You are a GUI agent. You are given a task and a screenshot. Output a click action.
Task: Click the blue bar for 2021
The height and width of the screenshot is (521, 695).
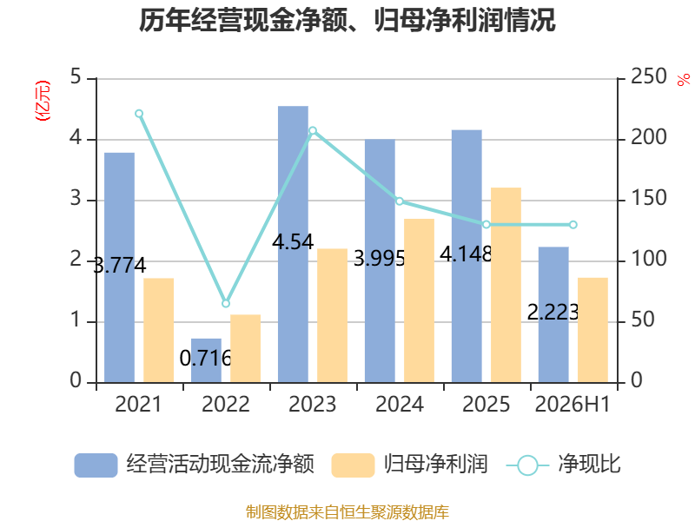pos(119,267)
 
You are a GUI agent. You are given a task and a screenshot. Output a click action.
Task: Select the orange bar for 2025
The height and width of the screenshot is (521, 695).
pos(506,286)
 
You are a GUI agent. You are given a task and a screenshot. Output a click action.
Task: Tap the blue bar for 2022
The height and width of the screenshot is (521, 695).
pos(206,360)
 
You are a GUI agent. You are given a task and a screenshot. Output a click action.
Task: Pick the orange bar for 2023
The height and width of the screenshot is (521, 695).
pos(332,316)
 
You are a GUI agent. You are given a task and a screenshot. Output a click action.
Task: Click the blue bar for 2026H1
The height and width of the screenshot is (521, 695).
pos(553,315)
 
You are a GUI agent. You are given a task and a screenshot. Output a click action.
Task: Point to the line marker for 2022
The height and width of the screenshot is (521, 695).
pos(226,303)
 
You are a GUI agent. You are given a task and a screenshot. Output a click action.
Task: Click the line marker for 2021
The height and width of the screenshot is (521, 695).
pos(139,114)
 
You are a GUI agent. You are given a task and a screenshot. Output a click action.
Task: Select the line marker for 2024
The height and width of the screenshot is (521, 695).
pos(400,201)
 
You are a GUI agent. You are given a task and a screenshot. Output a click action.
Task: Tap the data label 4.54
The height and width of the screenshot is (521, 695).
pos(293,242)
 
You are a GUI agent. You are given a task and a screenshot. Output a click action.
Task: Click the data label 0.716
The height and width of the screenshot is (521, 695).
pos(206,358)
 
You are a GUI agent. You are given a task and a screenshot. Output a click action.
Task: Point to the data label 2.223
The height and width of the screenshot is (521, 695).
pos(553,313)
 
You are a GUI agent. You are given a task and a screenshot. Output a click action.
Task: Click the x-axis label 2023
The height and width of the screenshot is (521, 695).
pos(313,404)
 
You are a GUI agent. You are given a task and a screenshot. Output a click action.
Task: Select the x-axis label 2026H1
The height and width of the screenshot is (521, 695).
pos(573,404)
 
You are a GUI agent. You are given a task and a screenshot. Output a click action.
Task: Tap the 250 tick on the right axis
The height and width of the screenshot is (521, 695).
pos(648,76)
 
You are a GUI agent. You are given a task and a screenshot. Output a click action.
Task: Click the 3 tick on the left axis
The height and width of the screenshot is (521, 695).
pos(76,199)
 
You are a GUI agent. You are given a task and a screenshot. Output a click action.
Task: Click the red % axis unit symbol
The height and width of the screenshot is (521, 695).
pos(684,80)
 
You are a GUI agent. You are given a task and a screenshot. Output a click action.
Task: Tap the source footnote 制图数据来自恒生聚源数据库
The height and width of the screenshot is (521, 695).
pos(347,512)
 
